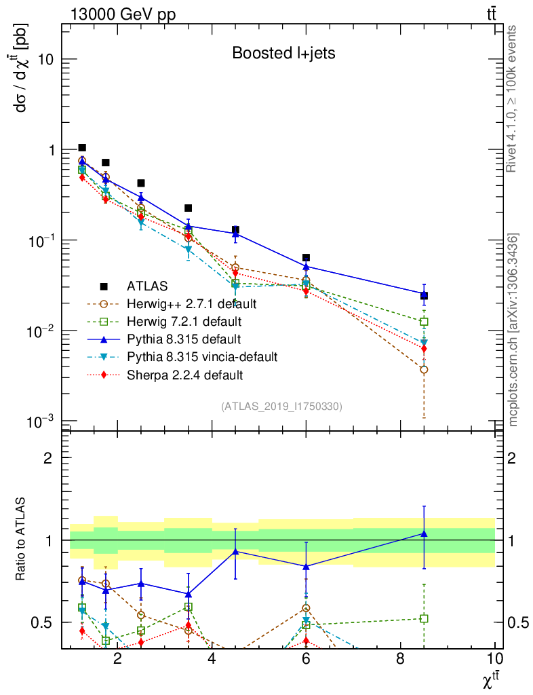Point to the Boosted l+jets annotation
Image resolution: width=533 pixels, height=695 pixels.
(283, 53)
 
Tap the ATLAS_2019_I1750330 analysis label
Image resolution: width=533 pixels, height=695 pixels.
(281, 406)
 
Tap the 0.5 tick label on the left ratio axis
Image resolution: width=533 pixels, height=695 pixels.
(43, 622)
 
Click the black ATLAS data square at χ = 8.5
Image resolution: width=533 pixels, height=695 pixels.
(424, 295)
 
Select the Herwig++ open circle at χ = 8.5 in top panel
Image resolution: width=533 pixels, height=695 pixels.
(424, 370)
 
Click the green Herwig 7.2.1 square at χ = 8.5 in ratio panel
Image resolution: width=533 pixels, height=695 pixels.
(424, 618)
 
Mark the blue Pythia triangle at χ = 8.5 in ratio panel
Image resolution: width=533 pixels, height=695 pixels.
(424, 533)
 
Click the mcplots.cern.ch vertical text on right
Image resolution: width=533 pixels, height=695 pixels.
(513, 330)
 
